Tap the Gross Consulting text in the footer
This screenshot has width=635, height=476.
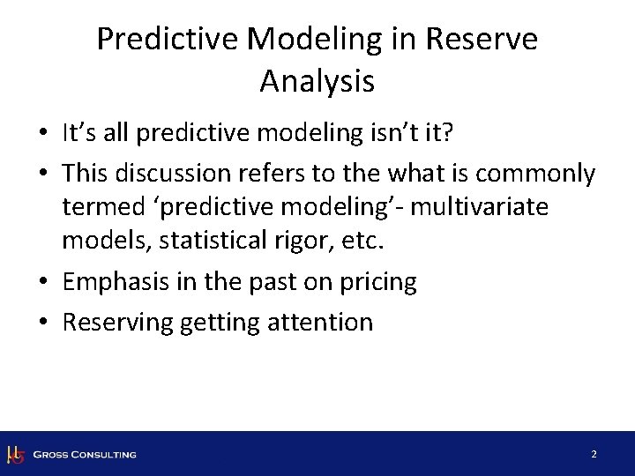click(x=85, y=455)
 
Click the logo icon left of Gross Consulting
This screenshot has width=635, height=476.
click(x=14, y=455)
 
